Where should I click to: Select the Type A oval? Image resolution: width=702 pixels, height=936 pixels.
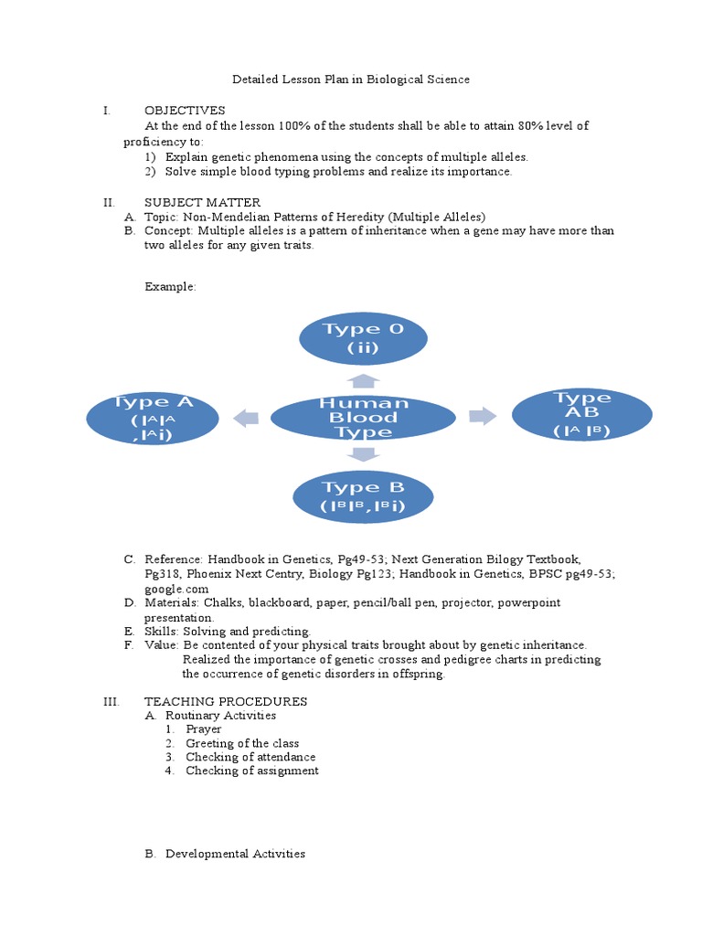[x=152, y=418]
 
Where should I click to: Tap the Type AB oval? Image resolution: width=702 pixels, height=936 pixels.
[x=582, y=415]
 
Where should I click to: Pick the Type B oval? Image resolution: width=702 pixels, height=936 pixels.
[x=363, y=496]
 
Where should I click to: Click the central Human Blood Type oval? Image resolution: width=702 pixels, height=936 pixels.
[x=363, y=418]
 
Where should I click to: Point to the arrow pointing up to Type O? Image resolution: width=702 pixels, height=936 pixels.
[x=363, y=380]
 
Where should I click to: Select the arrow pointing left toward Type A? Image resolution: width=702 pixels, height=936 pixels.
[x=246, y=418]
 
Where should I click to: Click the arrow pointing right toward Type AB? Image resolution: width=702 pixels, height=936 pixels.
[x=482, y=417]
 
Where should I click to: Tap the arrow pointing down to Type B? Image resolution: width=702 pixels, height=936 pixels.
[x=363, y=453]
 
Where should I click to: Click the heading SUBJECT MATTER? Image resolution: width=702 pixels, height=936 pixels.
[x=202, y=202]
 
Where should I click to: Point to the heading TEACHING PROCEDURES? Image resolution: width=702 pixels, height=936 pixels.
[x=226, y=701]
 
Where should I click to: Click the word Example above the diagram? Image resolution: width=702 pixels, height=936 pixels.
[x=170, y=287]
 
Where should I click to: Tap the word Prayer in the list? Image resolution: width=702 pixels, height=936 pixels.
[x=203, y=729]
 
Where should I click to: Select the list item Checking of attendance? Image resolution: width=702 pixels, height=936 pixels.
[x=250, y=757]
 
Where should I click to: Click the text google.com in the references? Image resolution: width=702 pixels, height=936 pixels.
[x=170, y=590]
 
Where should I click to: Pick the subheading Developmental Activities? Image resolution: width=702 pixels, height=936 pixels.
[x=235, y=854]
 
